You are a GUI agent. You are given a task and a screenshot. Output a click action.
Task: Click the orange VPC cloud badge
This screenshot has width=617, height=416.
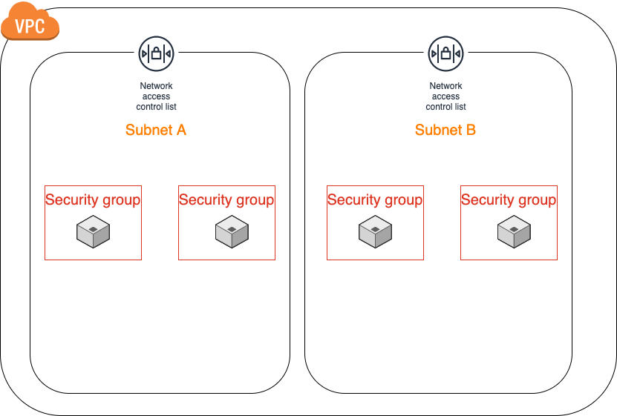point(30,25)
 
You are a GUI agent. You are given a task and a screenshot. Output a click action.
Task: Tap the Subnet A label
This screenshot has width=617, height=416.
point(156,131)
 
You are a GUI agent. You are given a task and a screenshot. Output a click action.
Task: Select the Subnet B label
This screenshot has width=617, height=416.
point(445,131)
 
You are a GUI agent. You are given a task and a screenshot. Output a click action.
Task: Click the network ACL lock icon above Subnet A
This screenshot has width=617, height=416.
point(156,53)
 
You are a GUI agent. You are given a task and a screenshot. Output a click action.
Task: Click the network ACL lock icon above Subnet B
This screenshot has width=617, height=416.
point(445,53)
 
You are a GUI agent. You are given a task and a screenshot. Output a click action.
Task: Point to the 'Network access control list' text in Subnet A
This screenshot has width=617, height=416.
point(156,96)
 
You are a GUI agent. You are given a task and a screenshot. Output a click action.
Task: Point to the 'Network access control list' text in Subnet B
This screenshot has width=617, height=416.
point(445,96)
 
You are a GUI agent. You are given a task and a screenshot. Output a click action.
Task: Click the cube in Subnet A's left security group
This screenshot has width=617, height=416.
point(93,231)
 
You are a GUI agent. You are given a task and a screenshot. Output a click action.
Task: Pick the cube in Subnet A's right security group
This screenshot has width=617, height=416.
point(232,231)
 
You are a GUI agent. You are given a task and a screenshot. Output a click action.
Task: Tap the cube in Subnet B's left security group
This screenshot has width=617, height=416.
point(375,231)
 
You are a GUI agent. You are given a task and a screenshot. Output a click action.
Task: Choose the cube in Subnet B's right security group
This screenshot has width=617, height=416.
point(514,231)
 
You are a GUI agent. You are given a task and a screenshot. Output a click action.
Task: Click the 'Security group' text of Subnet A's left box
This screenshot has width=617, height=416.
point(93,199)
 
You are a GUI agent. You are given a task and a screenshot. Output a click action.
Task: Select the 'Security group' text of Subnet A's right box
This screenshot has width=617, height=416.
point(226,199)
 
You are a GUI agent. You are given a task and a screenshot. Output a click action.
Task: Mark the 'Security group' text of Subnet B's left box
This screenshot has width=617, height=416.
point(375,199)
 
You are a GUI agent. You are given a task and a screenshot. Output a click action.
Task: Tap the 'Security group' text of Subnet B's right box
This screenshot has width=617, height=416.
point(509,199)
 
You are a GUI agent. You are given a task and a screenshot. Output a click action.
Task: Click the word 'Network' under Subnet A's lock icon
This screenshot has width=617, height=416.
point(156,86)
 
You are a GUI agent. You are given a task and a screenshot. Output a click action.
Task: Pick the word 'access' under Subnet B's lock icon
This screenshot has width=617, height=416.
point(445,96)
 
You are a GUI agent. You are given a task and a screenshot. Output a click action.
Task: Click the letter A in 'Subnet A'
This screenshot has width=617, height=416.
point(180,131)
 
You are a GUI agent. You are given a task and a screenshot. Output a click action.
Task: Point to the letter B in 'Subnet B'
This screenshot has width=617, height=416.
point(470,131)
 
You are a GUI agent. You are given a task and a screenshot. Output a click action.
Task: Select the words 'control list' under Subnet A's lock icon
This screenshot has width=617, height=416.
point(156,107)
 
